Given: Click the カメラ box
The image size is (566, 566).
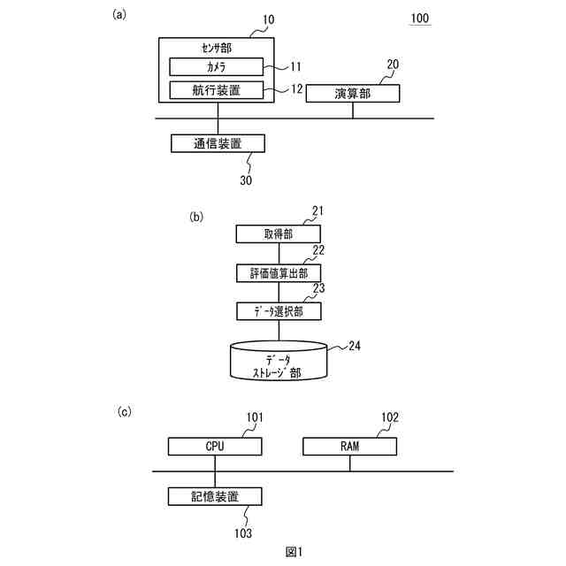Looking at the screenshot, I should pyautogui.click(x=216, y=66).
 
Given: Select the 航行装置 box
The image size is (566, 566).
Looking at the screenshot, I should pyautogui.click(x=216, y=89).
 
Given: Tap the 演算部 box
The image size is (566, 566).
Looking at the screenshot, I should pyautogui.click(x=352, y=94).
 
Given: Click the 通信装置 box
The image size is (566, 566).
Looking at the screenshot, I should pyautogui.click(x=217, y=142).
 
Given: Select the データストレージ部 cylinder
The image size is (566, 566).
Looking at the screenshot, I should pyautogui.click(x=279, y=363).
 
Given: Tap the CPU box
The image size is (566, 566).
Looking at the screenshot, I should pyautogui.click(x=215, y=447).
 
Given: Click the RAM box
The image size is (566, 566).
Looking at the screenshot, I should pyautogui.click(x=349, y=447).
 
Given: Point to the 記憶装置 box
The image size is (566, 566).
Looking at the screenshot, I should pyautogui.click(x=215, y=496).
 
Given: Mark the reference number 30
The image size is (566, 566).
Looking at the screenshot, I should pyautogui.click(x=246, y=180).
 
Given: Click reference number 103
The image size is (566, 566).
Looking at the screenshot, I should pyautogui.click(x=243, y=533).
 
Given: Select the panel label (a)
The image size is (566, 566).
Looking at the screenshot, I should pyautogui.click(x=120, y=14).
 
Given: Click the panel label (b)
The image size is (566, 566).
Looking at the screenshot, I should pyautogui.click(x=196, y=216).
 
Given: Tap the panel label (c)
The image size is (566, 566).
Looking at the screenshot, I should pyautogui.click(x=126, y=411).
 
